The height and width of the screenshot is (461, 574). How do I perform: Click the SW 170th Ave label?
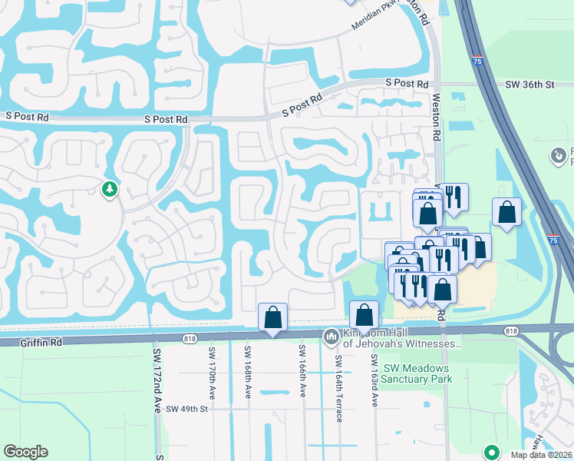(211, 373)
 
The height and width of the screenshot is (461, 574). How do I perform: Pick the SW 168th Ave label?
(248, 373)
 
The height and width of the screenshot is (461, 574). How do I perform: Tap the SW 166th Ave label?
(302, 371)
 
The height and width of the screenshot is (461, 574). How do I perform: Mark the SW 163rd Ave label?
(374, 372)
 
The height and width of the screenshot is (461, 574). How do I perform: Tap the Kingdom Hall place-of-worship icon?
(332, 337)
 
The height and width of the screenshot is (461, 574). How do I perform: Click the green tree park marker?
(110, 189)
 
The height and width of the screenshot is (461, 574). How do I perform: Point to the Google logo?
(25, 452)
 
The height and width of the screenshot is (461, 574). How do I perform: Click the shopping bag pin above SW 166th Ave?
(272, 317)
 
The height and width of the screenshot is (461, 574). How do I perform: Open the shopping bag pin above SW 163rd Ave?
(364, 315)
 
